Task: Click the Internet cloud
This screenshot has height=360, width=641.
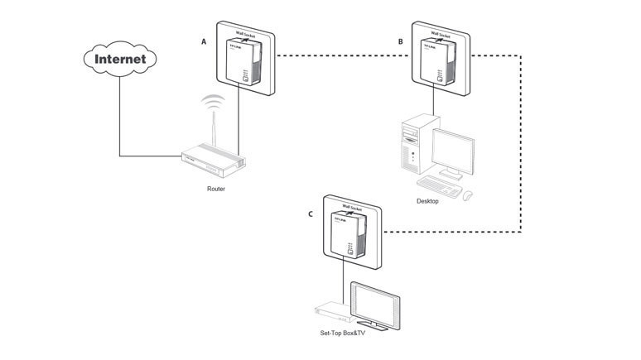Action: tap(120, 59)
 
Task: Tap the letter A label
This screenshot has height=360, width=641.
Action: tap(204, 41)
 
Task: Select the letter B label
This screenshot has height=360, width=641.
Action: tap(401, 41)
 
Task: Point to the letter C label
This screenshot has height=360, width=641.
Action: tap(310, 214)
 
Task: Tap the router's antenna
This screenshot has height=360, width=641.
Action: tap(214, 132)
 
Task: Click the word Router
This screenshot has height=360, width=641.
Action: tap(216, 189)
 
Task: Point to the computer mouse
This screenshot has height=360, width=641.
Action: tap(468, 194)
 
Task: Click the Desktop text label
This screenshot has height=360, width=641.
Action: tap(428, 201)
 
